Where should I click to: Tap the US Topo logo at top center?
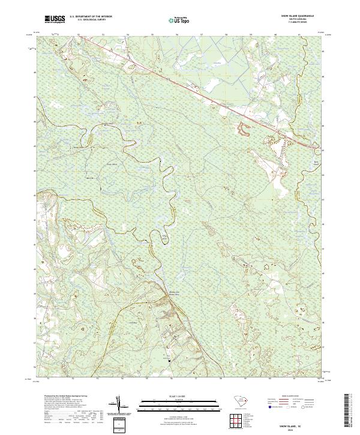coord(180,19)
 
